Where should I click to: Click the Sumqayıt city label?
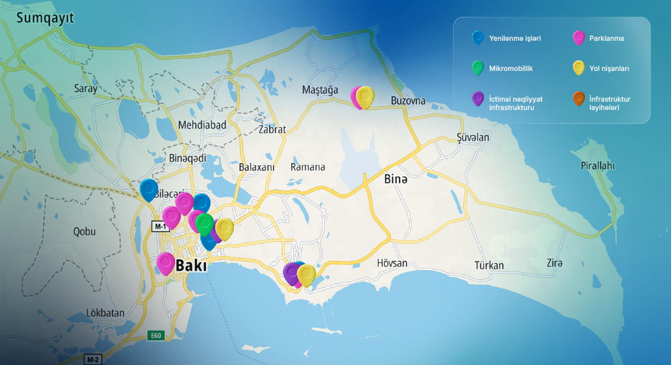[45, 18]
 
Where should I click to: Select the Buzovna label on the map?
[408, 101]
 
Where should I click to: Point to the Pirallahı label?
[598, 166]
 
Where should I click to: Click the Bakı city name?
[191, 266]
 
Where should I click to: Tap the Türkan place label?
[489, 265]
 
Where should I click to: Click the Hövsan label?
[392, 263]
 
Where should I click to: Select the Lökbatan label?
[105, 313]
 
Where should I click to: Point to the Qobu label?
[84, 231]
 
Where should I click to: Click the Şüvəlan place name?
[472, 137]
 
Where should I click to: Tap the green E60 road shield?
[156, 335]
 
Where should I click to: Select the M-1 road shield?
[160, 226]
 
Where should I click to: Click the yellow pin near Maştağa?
[365, 97]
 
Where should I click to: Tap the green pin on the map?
[205, 224]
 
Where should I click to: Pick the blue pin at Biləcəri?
[149, 189]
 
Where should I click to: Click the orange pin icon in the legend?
[578, 99]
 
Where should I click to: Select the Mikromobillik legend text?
[511, 69]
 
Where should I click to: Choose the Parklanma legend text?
[607, 39]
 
